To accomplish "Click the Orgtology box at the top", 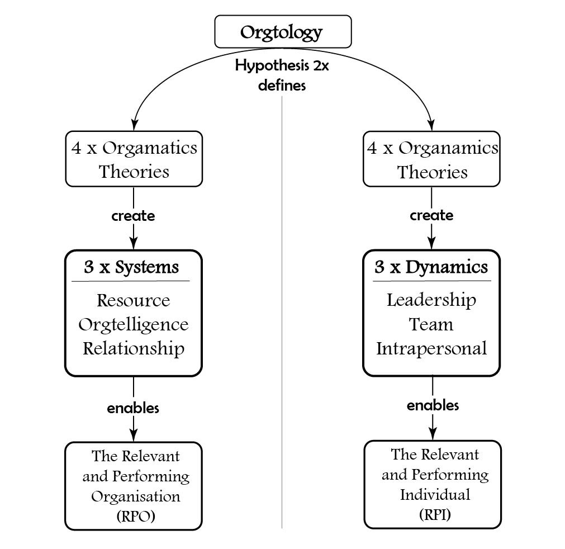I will tap(283, 32).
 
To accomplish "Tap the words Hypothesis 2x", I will tap(281, 65).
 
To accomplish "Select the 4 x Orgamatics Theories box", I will tap(134, 159).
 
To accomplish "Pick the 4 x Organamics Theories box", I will tap(431, 159).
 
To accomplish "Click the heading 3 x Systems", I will tap(132, 267).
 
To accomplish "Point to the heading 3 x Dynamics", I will tap(431, 267).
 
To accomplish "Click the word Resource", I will tap(133, 300).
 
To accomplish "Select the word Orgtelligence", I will tap(133, 324).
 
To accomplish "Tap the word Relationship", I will tap(133, 348).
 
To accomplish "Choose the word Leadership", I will tap(431, 300).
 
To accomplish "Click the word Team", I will tap(431, 324).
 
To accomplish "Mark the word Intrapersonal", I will tap(431, 348).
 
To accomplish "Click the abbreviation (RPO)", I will tap(136, 517).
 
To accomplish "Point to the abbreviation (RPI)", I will tap(434, 514).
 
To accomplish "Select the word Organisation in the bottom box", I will tap(136, 496).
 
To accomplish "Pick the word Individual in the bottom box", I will tap(434, 494).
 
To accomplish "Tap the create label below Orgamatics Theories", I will tap(133, 216).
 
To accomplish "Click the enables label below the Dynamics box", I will tap(433, 405).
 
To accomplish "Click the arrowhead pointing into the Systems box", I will tap(133, 244).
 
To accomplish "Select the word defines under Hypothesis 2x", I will tap(282, 87).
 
